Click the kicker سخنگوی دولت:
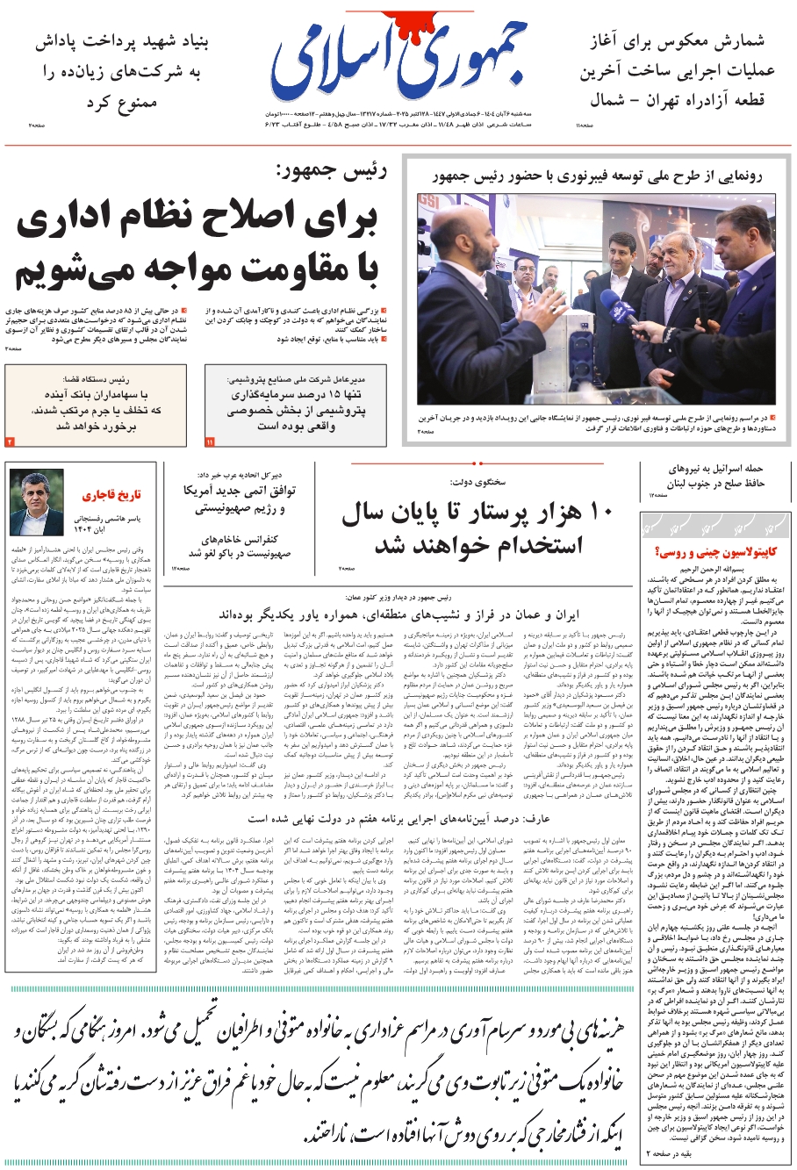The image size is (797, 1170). [478, 482]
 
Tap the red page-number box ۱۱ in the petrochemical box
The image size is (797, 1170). [210, 441]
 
